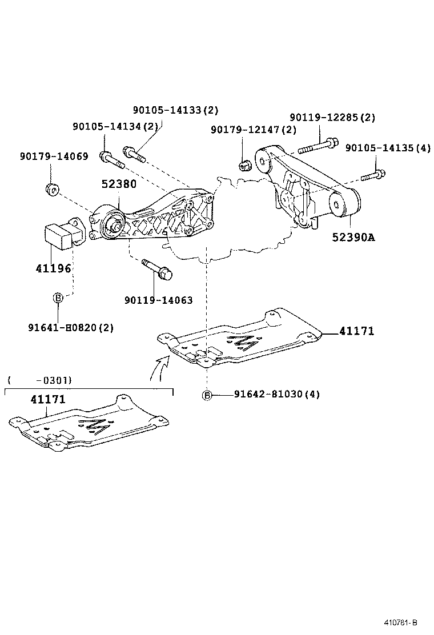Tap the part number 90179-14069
click(x=54, y=155)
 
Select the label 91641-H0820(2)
click(x=71, y=328)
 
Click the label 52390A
click(x=353, y=236)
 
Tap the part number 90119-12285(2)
click(x=332, y=118)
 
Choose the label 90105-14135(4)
click(x=388, y=148)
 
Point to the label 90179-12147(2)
click(x=254, y=130)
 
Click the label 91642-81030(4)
click(x=276, y=394)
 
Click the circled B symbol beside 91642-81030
click(x=207, y=395)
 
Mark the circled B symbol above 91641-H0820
click(x=58, y=298)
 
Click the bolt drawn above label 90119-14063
click(x=157, y=270)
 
